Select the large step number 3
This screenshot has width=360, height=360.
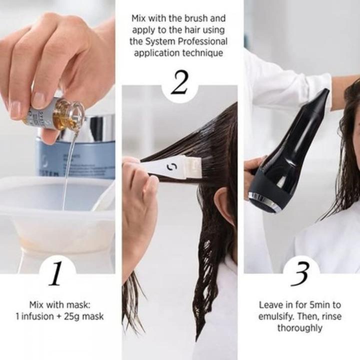point(301,274)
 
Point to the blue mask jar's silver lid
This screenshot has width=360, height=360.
point(95,127)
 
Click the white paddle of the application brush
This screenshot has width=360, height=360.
point(172,166)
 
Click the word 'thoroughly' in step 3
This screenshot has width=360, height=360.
point(300,328)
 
